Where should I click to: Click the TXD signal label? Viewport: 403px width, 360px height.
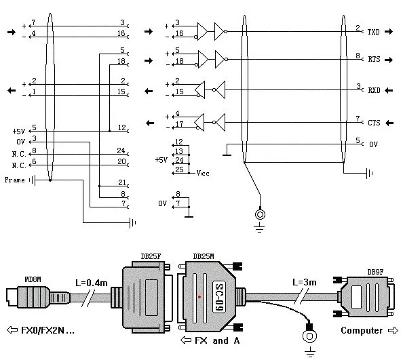click(x=373, y=32)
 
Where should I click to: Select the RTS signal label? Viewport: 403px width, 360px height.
click(x=374, y=59)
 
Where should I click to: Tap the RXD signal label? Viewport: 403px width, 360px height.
click(x=374, y=90)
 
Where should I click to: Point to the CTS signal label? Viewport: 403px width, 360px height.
click(x=374, y=123)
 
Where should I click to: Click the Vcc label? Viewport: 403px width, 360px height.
click(x=203, y=173)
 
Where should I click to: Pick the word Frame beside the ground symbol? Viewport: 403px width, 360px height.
click(x=15, y=180)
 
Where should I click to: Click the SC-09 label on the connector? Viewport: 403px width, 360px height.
click(x=219, y=298)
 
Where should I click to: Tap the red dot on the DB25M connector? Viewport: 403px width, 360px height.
click(x=199, y=297)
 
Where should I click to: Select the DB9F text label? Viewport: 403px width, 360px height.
click(x=375, y=272)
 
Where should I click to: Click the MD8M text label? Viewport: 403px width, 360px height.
click(x=33, y=279)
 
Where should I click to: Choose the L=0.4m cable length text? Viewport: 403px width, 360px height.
click(x=92, y=283)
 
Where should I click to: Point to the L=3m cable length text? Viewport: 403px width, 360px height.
click(x=305, y=283)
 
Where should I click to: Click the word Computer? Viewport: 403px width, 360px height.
click(x=362, y=330)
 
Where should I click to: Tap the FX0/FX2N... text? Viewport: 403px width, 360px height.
click(x=47, y=330)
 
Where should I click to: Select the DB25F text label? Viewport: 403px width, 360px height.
click(x=151, y=256)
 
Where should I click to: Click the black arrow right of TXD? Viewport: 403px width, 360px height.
click(x=389, y=32)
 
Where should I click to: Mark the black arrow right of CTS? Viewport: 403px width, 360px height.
click(x=389, y=123)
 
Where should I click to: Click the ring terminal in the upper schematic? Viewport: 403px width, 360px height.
click(x=260, y=214)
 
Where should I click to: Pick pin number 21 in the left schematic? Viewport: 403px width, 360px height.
click(x=122, y=182)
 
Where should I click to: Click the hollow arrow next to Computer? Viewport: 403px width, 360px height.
click(x=393, y=330)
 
